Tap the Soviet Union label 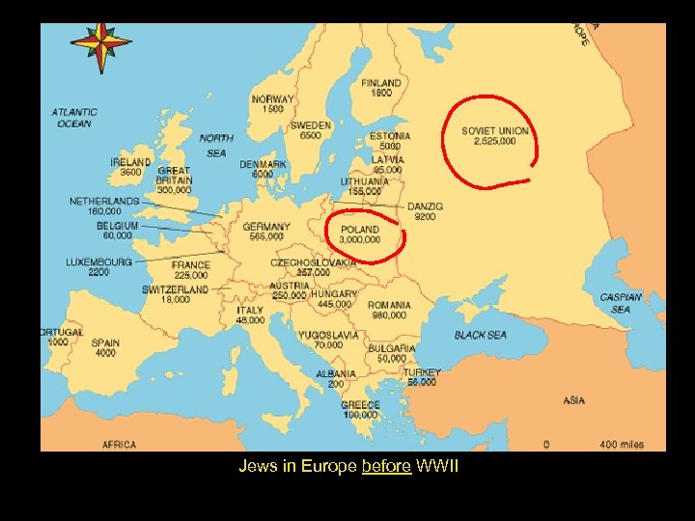[494, 131]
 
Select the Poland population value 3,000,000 [359, 240]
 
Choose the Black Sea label [480, 335]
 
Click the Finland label [381, 84]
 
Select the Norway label [273, 99]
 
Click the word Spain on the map [105, 343]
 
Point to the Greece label [360, 405]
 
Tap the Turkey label [422, 372]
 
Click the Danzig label [425, 206]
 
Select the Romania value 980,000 [388, 315]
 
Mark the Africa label [120, 445]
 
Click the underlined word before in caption [386, 467]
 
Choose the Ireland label [130, 162]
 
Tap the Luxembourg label [98, 261]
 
